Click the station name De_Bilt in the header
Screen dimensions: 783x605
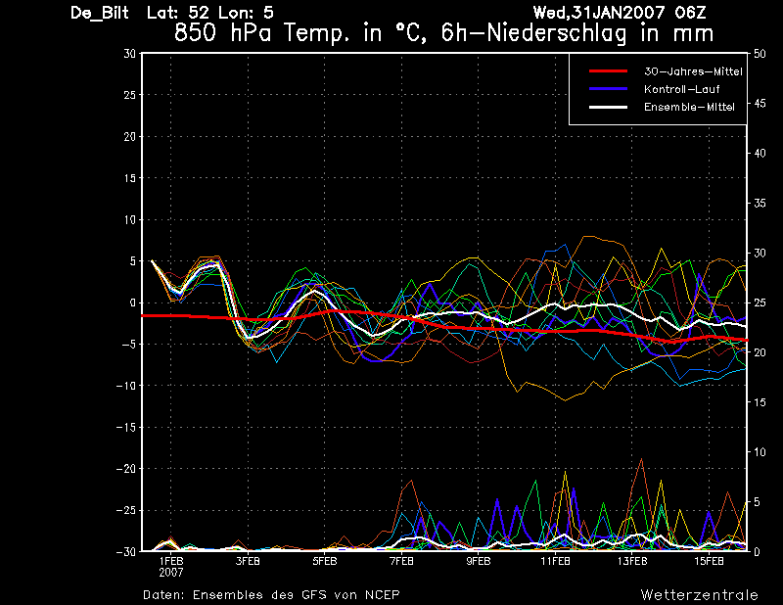[x=100, y=13]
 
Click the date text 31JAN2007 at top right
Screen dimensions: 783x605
[x=619, y=12]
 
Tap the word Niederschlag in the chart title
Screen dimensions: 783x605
[x=556, y=33]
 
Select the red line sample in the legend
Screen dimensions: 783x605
[x=608, y=71]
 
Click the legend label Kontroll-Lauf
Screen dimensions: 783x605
[x=681, y=89]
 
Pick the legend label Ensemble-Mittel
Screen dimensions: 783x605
[x=689, y=107]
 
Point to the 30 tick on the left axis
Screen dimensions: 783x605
[x=130, y=54]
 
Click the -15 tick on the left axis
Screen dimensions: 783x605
[x=126, y=427]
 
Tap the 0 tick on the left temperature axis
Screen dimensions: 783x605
[x=133, y=302]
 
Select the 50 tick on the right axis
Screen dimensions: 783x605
[x=760, y=54]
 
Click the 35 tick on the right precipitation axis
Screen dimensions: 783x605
[x=760, y=204]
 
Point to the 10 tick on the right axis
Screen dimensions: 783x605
[x=760, y=452]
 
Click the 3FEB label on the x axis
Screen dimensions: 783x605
[x=248, y=562]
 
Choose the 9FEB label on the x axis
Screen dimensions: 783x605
[x=479, y=562]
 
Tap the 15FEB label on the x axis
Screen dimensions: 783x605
[x=709, y=562]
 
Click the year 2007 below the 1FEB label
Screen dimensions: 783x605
[x=171, y=573]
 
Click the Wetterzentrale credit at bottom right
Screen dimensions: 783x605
[x=700, y=595]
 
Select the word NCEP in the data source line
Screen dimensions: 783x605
[x=382, y=595]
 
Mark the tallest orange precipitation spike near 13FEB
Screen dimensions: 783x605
[x=641, y=458]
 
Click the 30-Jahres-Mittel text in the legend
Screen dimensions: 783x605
[x=693, y=71]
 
